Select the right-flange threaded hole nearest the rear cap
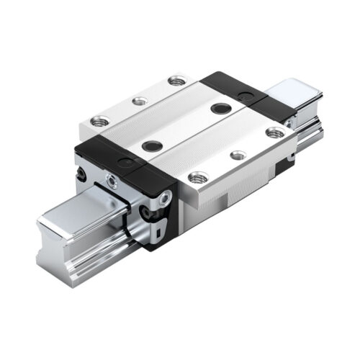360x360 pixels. click(274, 132)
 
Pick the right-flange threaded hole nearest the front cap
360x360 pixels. click(195, 176)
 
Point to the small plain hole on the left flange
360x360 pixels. click(135, 101)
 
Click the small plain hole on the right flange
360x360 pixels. click(236, 154)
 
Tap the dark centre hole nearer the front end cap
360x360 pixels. click(151, 145)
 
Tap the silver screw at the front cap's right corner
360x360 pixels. click(166, 196)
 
